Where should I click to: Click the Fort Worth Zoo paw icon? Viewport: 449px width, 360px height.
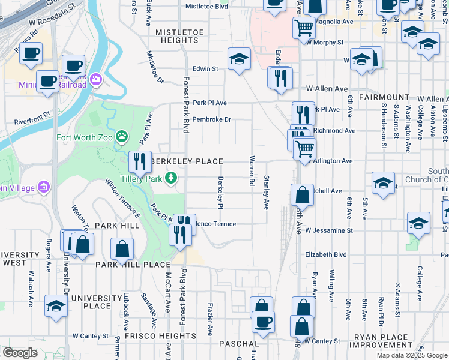122,136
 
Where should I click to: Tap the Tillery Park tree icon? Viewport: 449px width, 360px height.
171,177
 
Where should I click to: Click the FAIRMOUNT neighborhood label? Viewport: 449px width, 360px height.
384,97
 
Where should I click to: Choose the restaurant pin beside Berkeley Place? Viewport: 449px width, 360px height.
140,162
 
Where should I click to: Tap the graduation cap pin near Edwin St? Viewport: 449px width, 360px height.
239,59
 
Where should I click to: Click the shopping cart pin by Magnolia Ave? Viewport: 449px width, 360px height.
304,27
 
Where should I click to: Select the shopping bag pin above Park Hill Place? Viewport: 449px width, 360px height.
122,249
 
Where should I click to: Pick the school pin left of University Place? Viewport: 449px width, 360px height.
56,307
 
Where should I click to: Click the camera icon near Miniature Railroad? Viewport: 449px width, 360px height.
95,79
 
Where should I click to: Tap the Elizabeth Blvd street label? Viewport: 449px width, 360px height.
326,254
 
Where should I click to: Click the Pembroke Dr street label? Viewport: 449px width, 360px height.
212,119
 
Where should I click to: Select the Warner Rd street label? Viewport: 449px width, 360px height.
251,171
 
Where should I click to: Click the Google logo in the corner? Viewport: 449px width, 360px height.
20,353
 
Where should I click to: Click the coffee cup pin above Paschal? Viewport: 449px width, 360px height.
262,322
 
